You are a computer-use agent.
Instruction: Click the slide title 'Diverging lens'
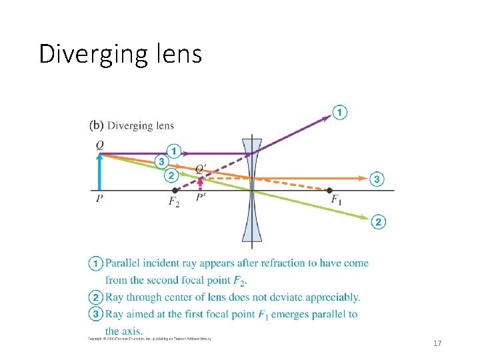coord(120,54)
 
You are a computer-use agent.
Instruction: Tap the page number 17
coord(437,343)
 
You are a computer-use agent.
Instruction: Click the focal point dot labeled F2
coord(175,190)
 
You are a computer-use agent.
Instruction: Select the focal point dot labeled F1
coord(329,190)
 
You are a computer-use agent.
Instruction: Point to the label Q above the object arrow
coord(99,144)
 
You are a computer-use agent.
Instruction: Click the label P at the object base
coord(99,199)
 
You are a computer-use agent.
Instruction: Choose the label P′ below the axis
coord(201,199)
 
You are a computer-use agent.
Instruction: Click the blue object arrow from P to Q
coord(99,173)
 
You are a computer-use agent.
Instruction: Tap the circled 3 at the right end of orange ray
coord(378,179)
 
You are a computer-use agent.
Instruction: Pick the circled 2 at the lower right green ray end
coord(378,222)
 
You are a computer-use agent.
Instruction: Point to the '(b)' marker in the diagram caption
coord(96,125)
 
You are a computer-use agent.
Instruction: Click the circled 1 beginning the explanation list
coord(96,263)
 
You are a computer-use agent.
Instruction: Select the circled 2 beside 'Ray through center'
coord(96,297)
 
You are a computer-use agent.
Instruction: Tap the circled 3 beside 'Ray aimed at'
coord(96,314)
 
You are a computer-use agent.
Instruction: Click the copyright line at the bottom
coord(150,339)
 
